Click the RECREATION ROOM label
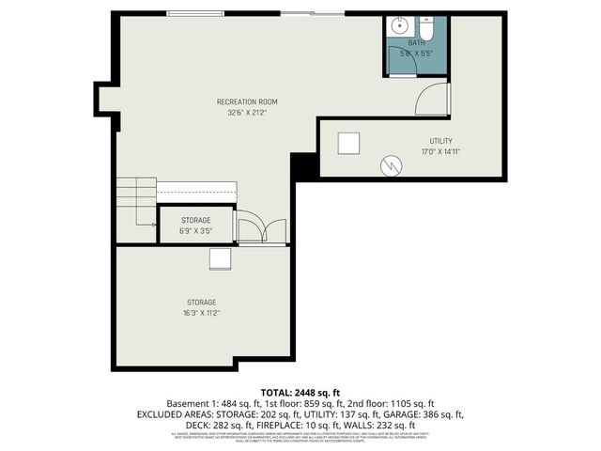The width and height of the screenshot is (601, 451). point(247,101)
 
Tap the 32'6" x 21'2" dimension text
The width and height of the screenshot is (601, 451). point(247,113)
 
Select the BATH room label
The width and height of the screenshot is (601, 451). point(414,43)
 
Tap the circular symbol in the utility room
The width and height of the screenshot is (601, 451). point(390,165)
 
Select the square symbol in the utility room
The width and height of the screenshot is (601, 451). point(348,142)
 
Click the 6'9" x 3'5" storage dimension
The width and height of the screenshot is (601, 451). point(196,230)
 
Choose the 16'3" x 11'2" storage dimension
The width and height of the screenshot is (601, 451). point(203,313)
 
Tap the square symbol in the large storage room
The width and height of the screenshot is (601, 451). point(221,259)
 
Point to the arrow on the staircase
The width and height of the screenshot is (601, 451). point(146,224)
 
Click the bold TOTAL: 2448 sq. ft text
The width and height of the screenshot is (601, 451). point(300,391)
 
